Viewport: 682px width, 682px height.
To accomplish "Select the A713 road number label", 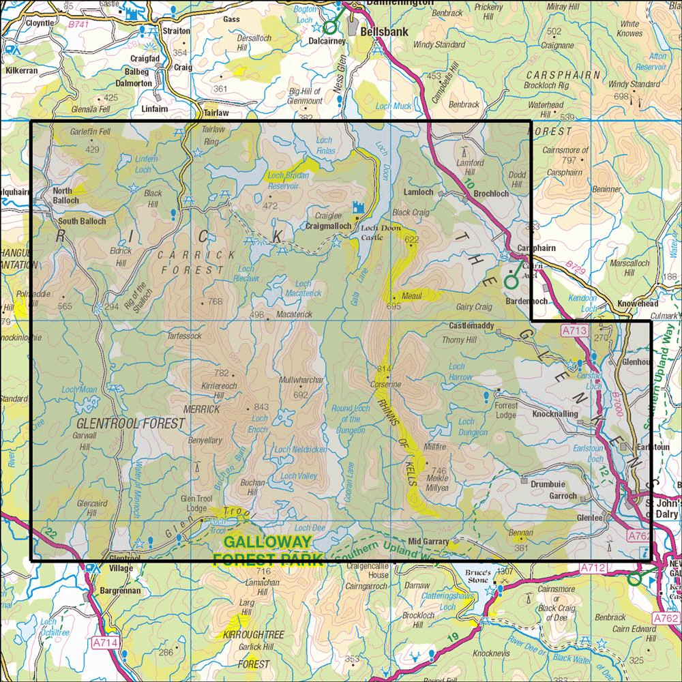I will (x=574, y=331).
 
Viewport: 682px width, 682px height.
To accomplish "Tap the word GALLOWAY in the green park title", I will (x=267, y=543).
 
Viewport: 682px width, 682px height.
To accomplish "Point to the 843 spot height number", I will (x=261, y=408).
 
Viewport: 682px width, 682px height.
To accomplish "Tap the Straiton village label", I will (x=176, y=31).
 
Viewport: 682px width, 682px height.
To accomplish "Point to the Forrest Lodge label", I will (x=506, y=410).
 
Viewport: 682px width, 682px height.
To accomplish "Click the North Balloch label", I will (x=66, y=196).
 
